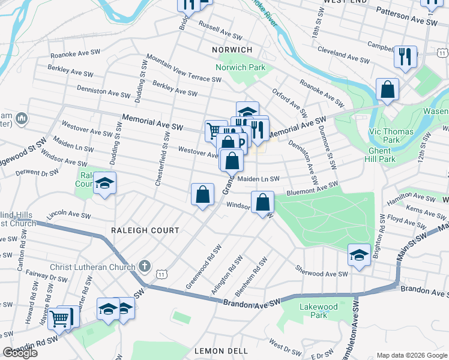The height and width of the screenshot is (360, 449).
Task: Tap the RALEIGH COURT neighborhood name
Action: click(145, 230)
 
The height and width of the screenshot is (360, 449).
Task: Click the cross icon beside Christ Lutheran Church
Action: click(144, 265)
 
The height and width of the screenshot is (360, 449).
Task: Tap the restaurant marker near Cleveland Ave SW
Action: click(406, 58)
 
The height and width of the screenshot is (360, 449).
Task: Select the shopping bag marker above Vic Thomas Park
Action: click(388, 89)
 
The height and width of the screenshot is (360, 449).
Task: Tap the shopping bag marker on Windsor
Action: click(262, 202)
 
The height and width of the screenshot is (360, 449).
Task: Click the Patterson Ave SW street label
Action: click(407, 16)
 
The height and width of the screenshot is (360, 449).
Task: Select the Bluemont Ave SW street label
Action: click(312, 187)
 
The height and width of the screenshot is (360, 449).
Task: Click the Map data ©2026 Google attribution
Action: click(411, 355)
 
